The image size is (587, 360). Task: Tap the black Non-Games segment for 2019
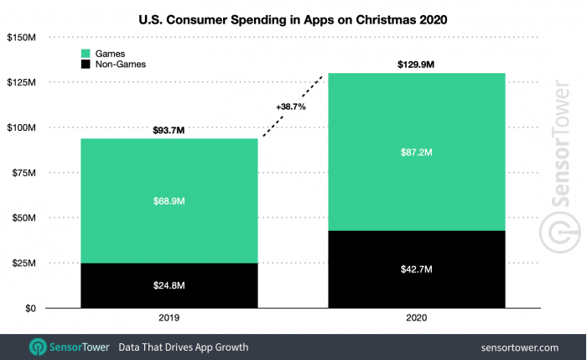169,285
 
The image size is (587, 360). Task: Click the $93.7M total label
169,130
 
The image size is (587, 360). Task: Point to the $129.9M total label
416,65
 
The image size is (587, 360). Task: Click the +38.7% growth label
290,107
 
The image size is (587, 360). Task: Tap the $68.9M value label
169,201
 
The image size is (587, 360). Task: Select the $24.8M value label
169,286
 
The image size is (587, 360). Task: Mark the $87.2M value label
416,152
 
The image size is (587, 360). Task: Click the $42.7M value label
416,270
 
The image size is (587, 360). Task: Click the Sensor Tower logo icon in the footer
38,347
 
